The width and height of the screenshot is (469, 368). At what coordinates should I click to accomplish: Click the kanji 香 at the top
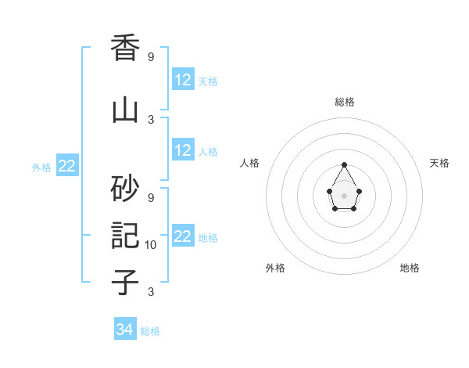125,49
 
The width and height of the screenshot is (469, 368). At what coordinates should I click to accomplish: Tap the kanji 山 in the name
125,110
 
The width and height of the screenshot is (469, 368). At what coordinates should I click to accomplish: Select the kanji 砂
125,188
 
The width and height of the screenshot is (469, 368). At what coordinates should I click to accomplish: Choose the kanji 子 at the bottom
125,282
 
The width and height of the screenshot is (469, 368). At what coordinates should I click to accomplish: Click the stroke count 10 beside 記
151,245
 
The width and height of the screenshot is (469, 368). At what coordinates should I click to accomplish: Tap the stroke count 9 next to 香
151,57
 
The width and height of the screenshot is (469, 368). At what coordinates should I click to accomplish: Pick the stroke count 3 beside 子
151,292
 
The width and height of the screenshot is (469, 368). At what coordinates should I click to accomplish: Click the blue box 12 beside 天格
183,80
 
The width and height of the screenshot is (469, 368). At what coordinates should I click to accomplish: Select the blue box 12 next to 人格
183,150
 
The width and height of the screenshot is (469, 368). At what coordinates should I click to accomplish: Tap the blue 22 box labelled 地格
183,236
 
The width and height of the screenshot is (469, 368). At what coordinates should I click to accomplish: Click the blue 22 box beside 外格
67,166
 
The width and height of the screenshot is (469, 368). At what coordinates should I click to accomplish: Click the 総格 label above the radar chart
345,102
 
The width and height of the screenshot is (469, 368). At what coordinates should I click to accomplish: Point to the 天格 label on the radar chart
439,163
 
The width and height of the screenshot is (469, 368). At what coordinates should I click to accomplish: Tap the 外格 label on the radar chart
275,268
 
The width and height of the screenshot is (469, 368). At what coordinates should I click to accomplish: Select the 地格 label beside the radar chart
410,268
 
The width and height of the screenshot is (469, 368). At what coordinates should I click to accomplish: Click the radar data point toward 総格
345,164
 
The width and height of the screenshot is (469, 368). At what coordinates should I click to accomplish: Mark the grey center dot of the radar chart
345,195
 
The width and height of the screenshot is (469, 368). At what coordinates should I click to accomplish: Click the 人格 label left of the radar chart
250,163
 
